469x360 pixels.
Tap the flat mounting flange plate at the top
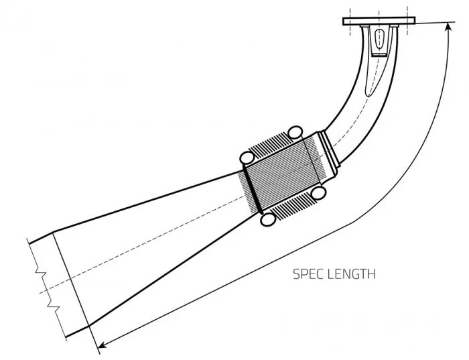(x=379, y=21)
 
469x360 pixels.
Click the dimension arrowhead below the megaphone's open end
(x=100, y=346)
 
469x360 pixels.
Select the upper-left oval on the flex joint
(x=247, y=158)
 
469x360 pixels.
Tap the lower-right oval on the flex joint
(x=320, y=192)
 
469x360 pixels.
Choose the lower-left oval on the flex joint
(x=269, y=219)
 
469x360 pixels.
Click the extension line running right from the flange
(x=432, y=23)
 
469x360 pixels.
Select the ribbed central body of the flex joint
(x=281, y=174)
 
